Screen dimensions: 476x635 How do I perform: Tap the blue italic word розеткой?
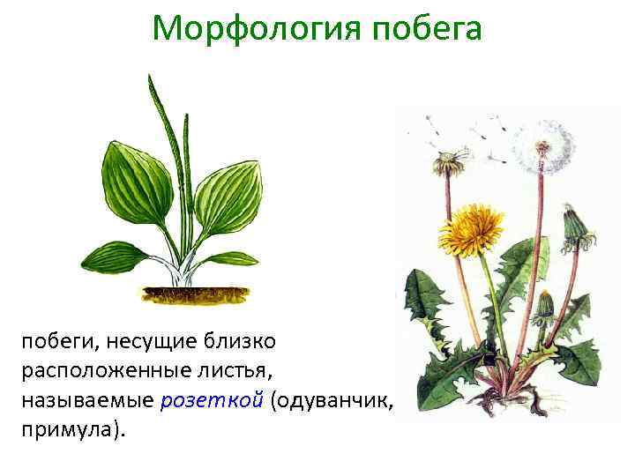tap(212, 401)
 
